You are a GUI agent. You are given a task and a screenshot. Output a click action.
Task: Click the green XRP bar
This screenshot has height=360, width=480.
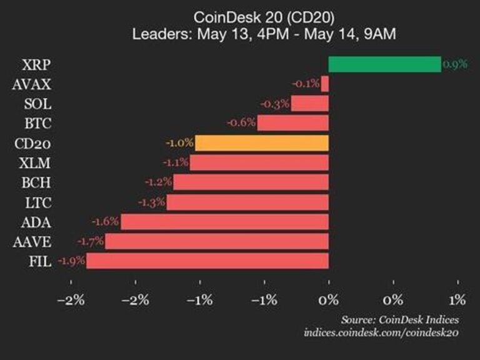(x=384, y=64)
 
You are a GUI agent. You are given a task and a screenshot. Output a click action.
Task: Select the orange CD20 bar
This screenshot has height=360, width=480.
(x=262, y=143)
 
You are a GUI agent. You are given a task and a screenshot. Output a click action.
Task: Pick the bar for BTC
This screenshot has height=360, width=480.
(x=292, y=122)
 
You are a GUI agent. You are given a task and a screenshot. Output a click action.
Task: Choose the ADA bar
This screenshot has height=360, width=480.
(x=225, y=221)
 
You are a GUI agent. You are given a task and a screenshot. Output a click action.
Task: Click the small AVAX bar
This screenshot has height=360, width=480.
(x=325, y=83)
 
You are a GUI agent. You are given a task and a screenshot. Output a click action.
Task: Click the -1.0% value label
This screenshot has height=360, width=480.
(x=179, y=143)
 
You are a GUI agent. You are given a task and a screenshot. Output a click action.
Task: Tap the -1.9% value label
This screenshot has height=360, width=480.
(x=71, y=261)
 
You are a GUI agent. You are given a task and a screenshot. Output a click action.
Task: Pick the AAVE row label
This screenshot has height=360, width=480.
(x=32, y=241)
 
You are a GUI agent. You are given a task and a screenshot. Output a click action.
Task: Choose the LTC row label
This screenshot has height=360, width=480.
(x=37, y=202)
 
